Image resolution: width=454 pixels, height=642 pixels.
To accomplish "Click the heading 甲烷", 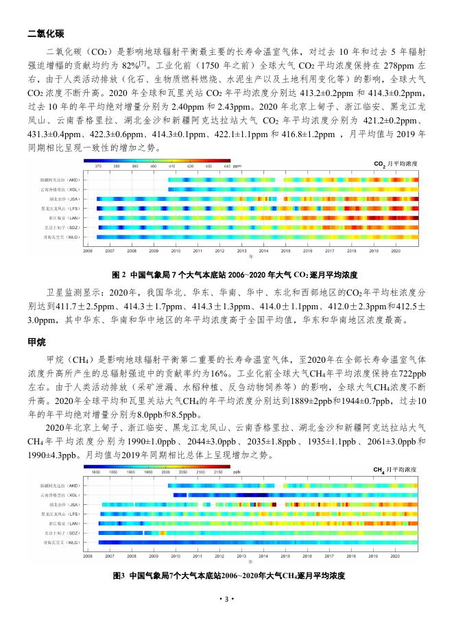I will click(x=37, y=342).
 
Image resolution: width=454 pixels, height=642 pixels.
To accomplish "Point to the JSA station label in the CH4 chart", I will click(x=63, y=504).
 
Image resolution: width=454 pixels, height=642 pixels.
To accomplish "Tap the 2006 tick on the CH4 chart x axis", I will click(x=88, y=557).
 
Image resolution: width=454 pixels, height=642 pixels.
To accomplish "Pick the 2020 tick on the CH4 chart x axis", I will click(x=394, y=557).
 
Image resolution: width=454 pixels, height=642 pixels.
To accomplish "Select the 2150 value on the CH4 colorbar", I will click(x=217, y=472).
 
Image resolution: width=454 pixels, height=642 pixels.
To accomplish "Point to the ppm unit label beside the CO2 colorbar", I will click(x=237, y=166).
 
